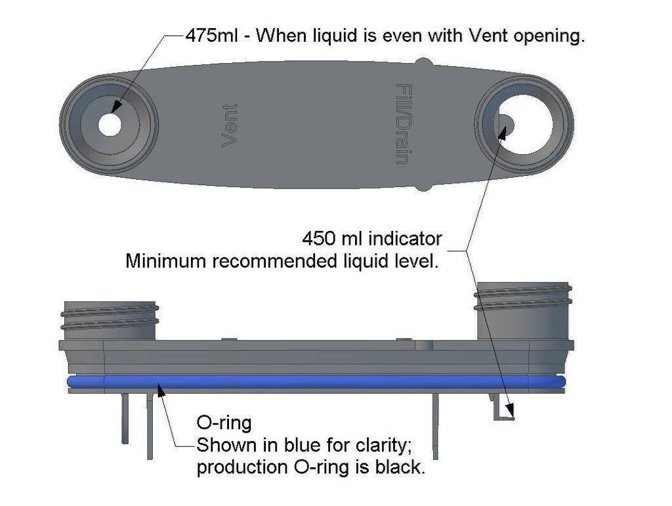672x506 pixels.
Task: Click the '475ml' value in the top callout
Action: coord(211,35)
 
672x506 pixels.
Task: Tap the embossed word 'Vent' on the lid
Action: coord(230,125)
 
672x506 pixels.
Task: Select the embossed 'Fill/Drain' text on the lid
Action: coord(404,124)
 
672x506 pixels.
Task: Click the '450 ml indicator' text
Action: coord(372,239)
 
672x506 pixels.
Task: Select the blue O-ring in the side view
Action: coord(316,382)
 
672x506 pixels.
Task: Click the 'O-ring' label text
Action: coord(224,423)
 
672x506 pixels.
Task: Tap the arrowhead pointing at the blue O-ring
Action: coord(161,390)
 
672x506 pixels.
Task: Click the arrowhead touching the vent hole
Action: coord(116,108)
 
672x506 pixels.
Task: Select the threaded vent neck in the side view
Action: coord(110,320)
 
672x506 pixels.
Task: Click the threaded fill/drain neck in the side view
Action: coord(523,311)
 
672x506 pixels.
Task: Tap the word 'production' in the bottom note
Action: coord(241,468)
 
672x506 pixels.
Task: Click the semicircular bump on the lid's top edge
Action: coord(423,62)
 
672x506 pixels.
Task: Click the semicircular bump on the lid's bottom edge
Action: coord(423,186)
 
